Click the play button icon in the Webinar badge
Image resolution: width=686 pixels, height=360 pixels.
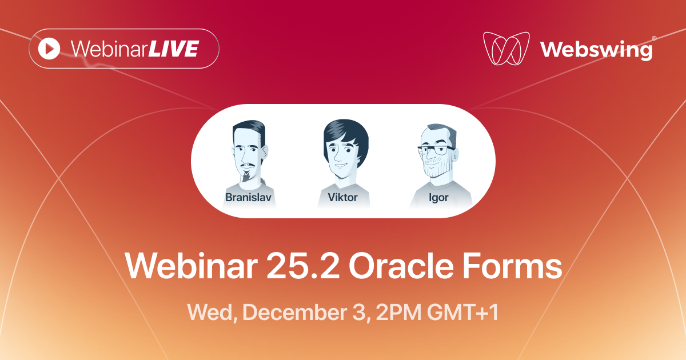pyautogui.click(x=49, y=49)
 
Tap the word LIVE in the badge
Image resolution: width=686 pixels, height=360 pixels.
pyautogui.click(x=174, y=49)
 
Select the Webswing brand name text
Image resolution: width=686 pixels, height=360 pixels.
pyautogui.click(x=596, y=50)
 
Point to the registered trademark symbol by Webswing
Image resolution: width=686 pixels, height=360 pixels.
pyautogui.click(x=654, y=38)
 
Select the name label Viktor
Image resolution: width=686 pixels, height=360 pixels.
pyautogui.click(x=343, y=198)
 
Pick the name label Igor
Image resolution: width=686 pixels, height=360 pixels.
pyautogui.click(x=438, y=198)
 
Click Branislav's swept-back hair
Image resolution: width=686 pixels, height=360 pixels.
pyautogui.click(x=249, y=128)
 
